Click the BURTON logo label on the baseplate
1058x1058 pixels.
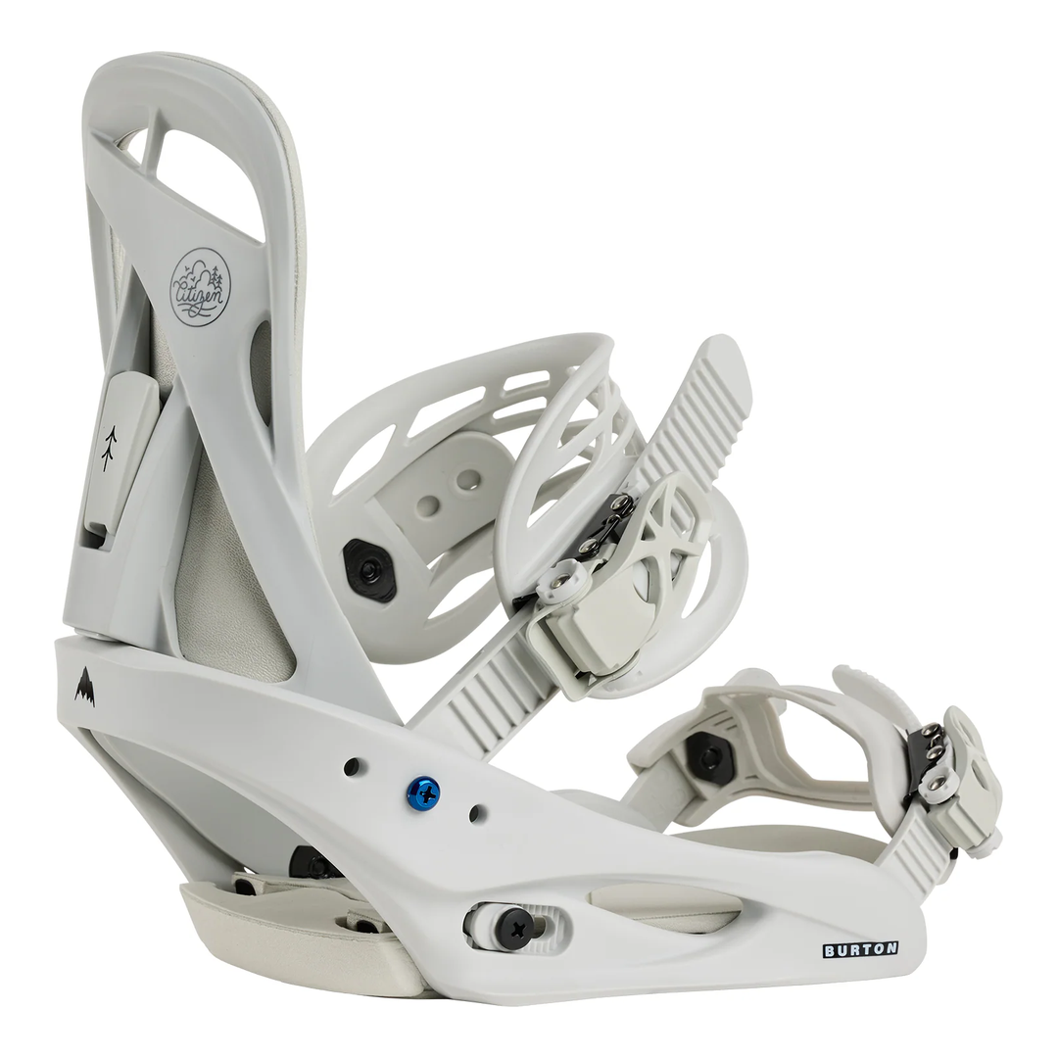click(x=859, y=948)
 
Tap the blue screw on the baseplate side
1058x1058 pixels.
click(x=423, y=793)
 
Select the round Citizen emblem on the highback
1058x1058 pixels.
click(x=200, y=286)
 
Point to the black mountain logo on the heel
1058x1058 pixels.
click(x=86, y=687)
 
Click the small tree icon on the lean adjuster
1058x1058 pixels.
click(x=110, y=448)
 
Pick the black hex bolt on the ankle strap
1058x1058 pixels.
click(x=369, y=567)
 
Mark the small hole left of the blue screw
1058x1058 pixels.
click(x=351, y=766)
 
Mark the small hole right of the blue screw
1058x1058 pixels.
click(x=477, y=813)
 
